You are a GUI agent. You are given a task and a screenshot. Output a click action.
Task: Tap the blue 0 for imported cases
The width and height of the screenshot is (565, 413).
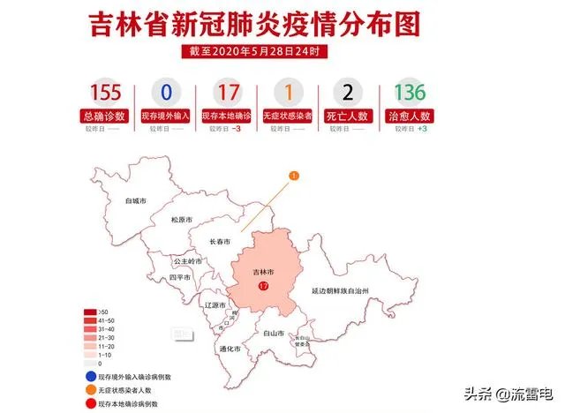pyautogui.click(x=165, y=93)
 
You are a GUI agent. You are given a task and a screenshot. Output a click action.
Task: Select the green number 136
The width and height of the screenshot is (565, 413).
pyautogui.click(x=410, y=93)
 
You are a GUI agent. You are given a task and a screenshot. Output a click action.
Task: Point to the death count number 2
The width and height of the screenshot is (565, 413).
pyautogui.click(x=348, y=93)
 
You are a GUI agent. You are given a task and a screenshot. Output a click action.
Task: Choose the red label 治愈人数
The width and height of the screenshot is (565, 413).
pyautogui.click(x=410, y=115)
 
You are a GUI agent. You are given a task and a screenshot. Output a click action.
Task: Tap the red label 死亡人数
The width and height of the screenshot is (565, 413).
pyautogui.click(x=348, y=115)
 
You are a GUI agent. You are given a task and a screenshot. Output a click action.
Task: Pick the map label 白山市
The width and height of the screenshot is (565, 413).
pyautogui.click(x=274, y=334)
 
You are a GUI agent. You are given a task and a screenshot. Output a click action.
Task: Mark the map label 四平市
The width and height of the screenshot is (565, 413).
pyautogui.click(x=180, y=277)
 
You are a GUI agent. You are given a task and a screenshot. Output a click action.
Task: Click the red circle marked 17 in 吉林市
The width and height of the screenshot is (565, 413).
pyautogui.click(x=263, y=288)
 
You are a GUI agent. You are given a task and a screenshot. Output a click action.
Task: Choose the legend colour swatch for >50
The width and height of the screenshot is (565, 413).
pyautogui.click(x=91, y=312)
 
